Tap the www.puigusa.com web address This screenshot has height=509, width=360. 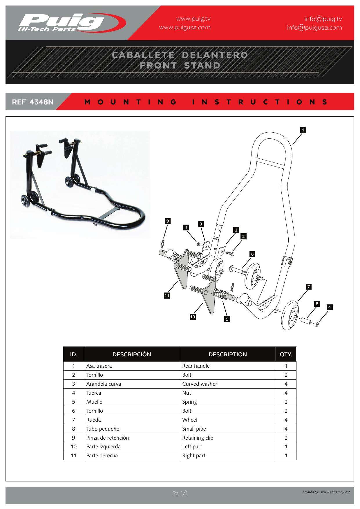[185, 28]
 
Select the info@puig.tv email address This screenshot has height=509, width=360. [323, 19]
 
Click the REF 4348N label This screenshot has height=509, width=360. [32, 102]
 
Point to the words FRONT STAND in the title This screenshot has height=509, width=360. [180, 66]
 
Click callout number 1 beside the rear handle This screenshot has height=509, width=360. [303, 130]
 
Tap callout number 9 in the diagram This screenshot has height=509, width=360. [167, 221]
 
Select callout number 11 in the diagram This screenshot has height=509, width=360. [167, 296]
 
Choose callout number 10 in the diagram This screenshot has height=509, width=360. [193, 317]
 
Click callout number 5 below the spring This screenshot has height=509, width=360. [227, 319]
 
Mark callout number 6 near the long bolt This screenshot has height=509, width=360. [252, 254]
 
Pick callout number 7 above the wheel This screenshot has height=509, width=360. [309, 287]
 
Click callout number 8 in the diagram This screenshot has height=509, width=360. [317, 304]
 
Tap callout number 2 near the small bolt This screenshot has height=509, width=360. [243, 237]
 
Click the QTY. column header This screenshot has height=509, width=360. [286, 354]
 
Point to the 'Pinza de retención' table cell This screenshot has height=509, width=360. [107, 438]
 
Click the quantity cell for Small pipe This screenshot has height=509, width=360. [286, 429]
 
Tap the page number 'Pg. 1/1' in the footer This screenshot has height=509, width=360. [180, 493]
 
